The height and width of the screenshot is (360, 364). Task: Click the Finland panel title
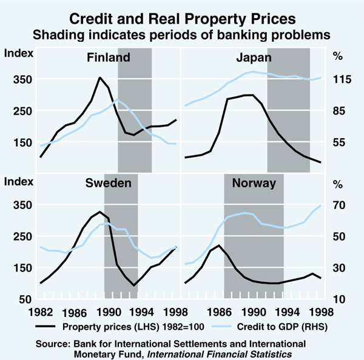[x=109, y=59]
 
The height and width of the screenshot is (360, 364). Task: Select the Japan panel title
[x=254, y=59]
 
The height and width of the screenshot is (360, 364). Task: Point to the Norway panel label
[x=254, y=183]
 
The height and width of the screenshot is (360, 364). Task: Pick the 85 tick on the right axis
[x=340, y=111]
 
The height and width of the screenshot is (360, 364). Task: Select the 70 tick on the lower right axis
[x=340, y=205]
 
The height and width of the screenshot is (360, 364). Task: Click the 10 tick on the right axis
[x=340, y=299]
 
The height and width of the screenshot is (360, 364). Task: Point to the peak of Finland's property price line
[x=100, y=78]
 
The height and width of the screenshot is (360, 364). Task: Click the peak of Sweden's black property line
[x=99, y=212]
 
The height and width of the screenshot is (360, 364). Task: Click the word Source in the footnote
[x=53, y=343]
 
